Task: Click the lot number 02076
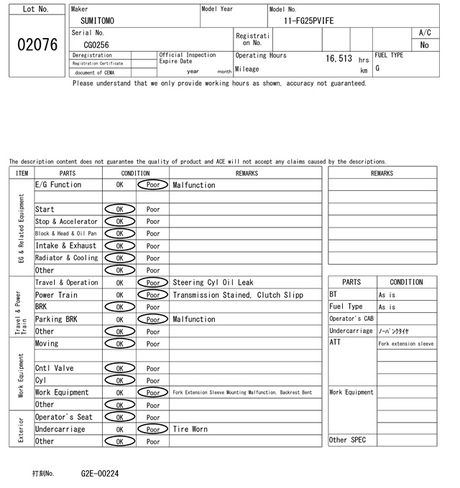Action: [x=37, y=44]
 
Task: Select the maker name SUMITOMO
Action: [x=97, y=22]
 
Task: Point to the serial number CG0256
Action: [x=96, y=44]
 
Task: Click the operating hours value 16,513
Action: [x=339, y=58]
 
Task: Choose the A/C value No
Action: [x=424, y=44]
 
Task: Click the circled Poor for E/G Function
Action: [x=152, y=185]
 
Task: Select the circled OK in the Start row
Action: [x=119, y=210]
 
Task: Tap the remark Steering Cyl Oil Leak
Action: [x=213, y=283]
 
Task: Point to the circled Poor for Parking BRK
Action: [x=152, y=319]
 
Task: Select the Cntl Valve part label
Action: [x=55, y=368]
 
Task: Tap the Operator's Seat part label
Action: [x=64, y=417]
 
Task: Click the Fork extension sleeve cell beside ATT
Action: [x=406, y=344]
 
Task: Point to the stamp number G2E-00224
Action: [x=100, y=474]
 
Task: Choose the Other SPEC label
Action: [x=347, y=440]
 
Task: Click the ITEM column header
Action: [x=22, y=173]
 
